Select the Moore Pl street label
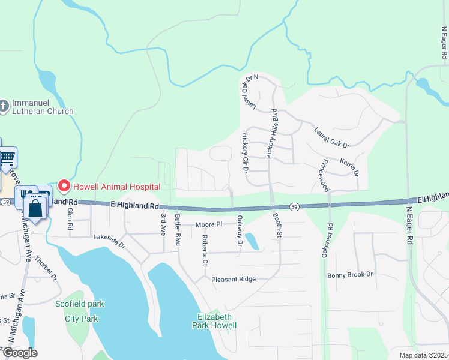coord(209,224)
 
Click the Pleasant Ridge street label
coord(233,279)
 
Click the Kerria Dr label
coord(349,167)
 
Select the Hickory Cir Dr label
coord(245,154)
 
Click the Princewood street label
coord(325,175)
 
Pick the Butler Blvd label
coord(178,229)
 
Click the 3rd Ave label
coord(163,223)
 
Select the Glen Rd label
coord(70,220)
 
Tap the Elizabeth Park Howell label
coord(214,321)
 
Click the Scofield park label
coord(80,304)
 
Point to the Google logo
coord(20,353)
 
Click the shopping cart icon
coord(7,158)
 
